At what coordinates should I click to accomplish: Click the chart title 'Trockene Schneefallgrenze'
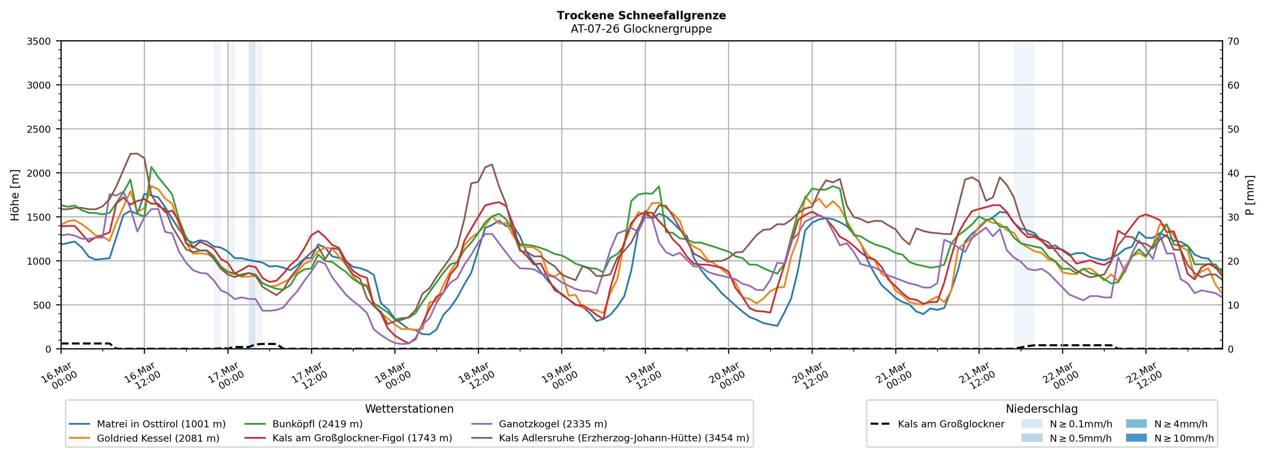click(641, 15)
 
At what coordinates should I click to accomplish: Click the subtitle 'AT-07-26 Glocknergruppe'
click(641, 29)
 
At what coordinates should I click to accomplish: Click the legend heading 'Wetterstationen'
click(409, 409)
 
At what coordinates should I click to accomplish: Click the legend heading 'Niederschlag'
click(1042, 409)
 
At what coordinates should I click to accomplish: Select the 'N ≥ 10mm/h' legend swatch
click(1136, 438)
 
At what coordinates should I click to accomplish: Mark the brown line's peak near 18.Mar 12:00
click(492, 164)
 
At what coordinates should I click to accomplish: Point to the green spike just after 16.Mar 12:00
click(151, 167)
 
